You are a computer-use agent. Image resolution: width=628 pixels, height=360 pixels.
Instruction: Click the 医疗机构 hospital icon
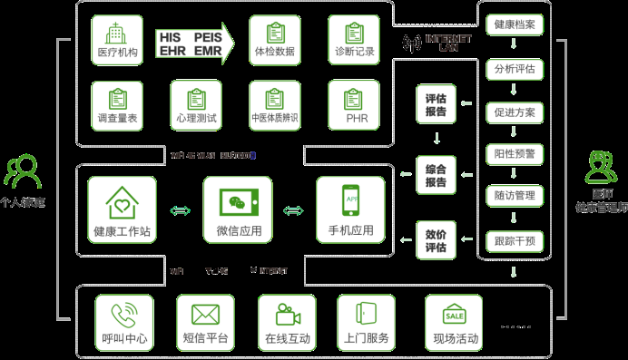[x=117, y=34]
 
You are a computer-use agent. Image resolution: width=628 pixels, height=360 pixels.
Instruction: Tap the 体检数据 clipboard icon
[x=269, y=34]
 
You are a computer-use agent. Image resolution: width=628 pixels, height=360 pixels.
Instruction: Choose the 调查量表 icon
[x=117, y=100]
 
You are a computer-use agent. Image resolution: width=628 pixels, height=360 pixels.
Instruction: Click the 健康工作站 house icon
[x=122, y=200]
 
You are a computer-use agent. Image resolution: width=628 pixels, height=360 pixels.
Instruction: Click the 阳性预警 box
[x=515, y=153]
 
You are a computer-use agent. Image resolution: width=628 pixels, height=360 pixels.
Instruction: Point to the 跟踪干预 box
[x=515, y=240]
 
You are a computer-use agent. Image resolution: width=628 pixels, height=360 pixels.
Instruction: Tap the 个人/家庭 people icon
[x=22, y=171]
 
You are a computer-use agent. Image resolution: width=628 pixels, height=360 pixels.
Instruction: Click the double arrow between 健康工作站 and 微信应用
[x=180, y=211]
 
